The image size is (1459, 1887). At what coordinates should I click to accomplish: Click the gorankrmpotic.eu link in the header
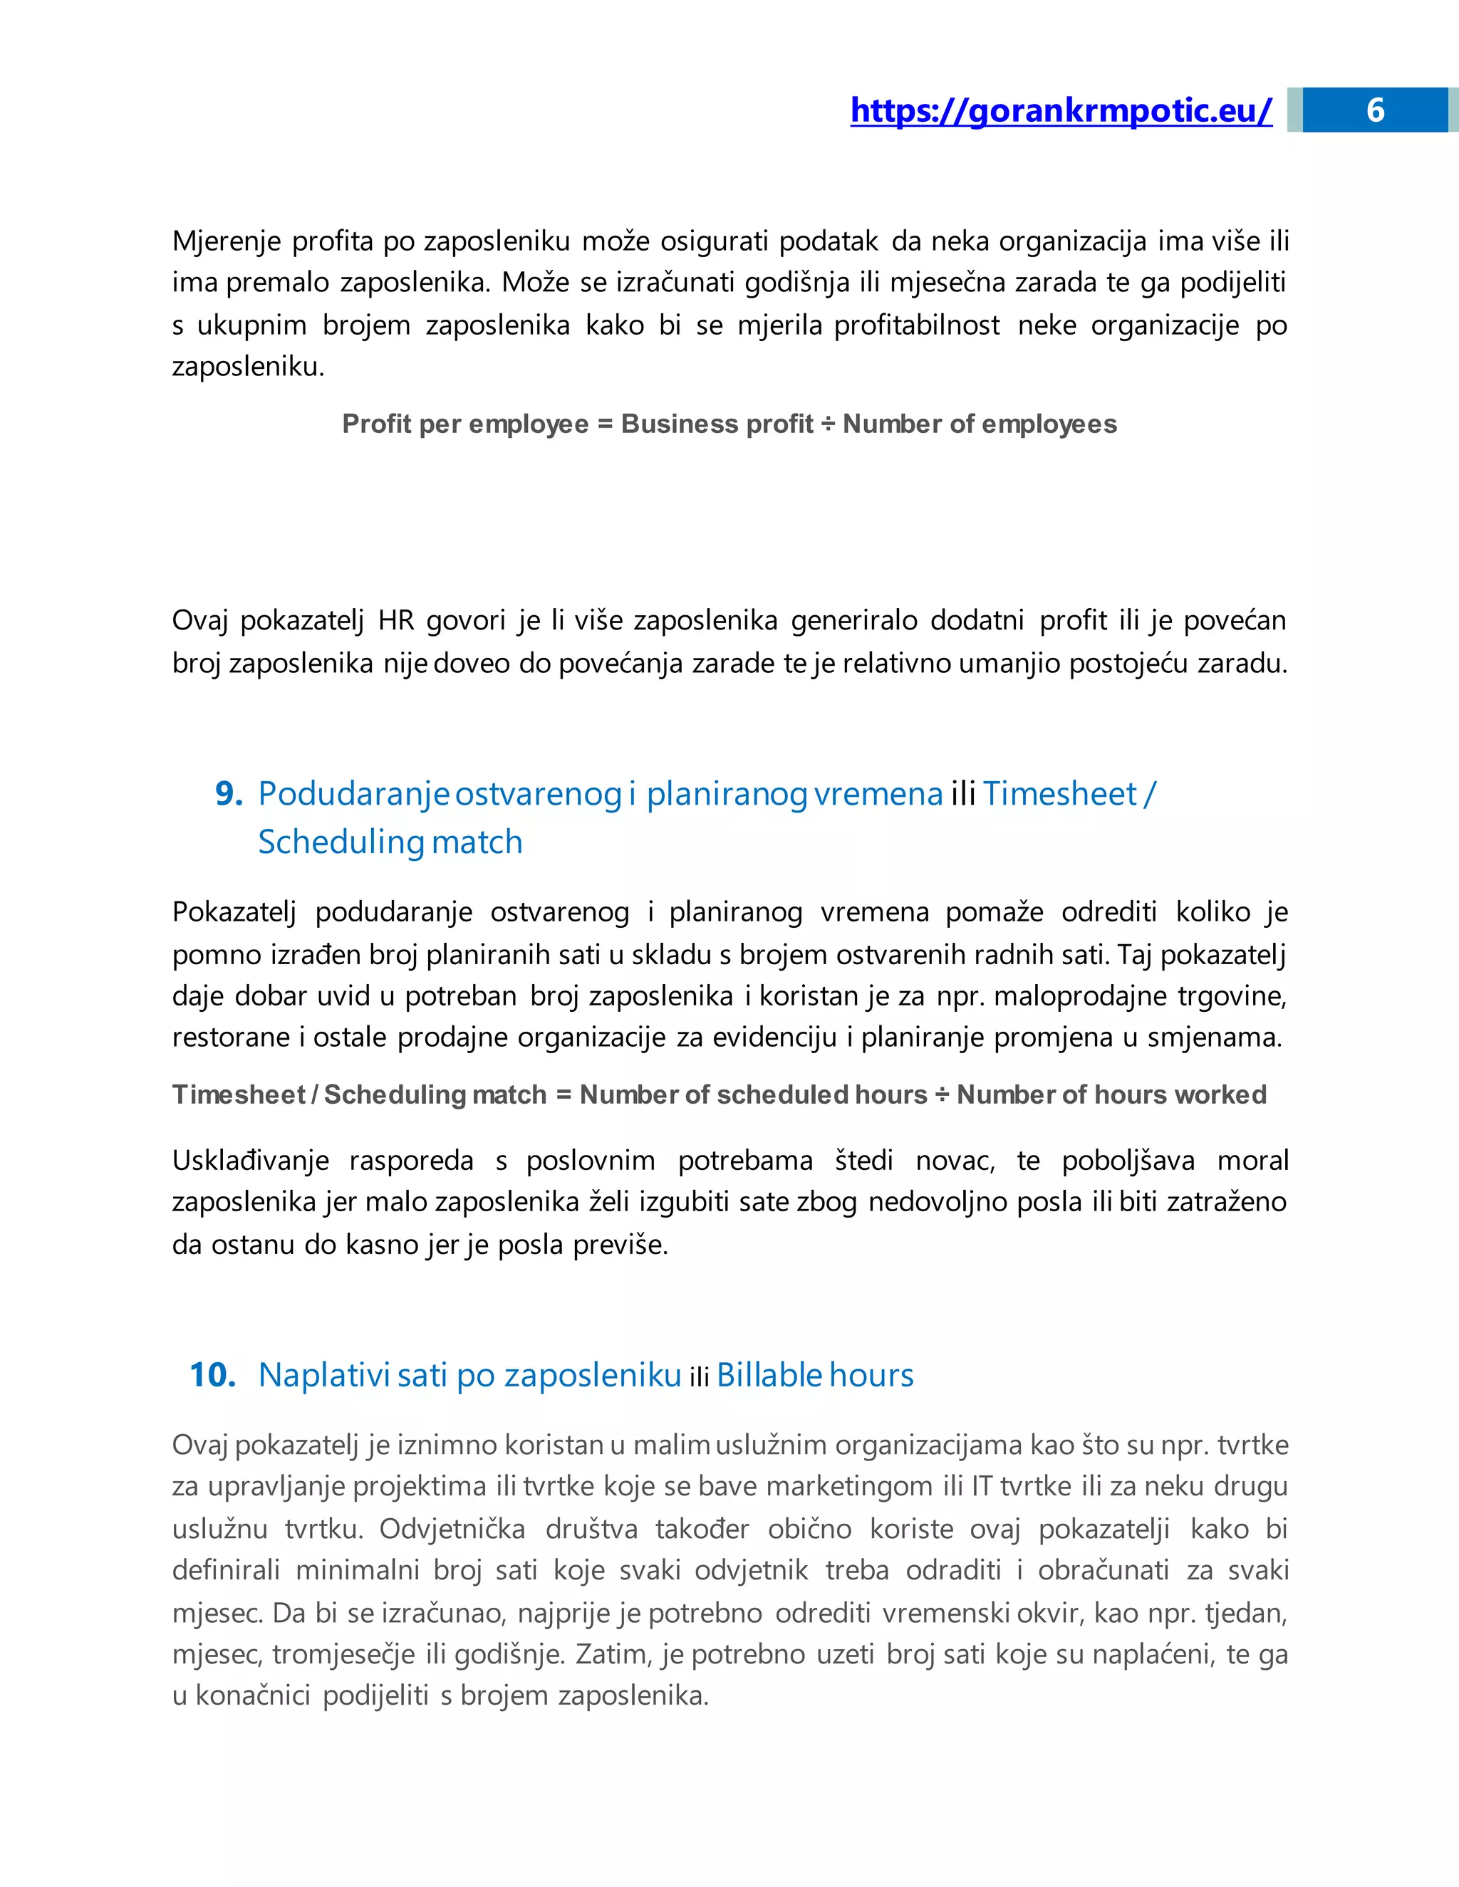tap(1061, 110)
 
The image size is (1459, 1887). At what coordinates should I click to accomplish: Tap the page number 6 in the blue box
tap(1374, 110)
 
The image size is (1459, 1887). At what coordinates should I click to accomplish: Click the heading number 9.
tap(228, 793)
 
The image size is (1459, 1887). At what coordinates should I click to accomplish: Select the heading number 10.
tap(212, 1374)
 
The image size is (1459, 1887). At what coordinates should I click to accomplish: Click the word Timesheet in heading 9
tap(1059, 793)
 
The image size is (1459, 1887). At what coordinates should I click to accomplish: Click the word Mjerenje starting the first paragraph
tap(227, 241)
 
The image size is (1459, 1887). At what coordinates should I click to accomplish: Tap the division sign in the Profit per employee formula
tap(827, 424)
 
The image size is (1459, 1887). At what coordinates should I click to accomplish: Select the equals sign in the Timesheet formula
tap(564, 1094)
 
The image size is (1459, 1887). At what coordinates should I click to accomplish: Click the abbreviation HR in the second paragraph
tap(397, 620)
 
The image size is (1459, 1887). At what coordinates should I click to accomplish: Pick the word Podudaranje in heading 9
tap(353, 793)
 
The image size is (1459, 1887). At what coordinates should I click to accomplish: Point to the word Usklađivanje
tap(250, 1161)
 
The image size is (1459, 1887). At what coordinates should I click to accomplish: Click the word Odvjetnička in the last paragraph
tap(452, 1528)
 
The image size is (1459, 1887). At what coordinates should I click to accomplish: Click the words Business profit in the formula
tap(717, 424)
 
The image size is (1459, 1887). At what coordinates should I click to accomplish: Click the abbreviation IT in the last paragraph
tap(981, 1486)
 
